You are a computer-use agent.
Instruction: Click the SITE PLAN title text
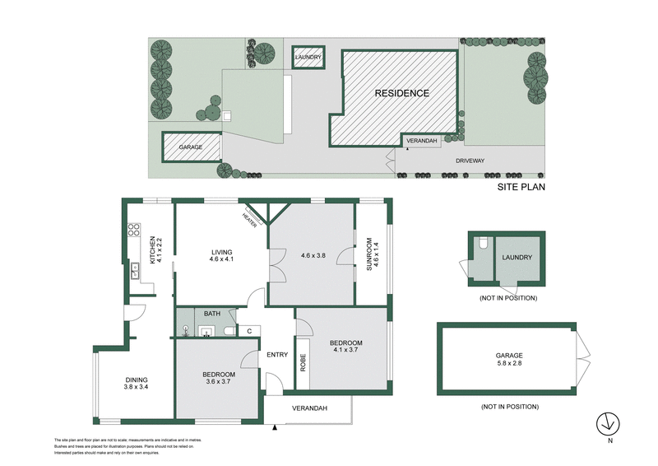click(x=521, y=187)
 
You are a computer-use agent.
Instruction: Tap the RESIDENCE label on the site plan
click(x=402, y=93)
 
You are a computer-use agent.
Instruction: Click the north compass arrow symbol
click(x=607, y=423)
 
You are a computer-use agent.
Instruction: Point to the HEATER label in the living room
click(x=248, y=217)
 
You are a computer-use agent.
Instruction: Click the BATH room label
click(x=212, y=314)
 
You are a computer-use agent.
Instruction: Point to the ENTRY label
click(x=277, y=355)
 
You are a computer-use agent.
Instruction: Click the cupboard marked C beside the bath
click(x=248, y=331)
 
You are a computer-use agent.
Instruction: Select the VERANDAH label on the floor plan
click(x=309, y=408)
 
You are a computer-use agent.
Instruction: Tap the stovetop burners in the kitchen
click(x=132, y=233)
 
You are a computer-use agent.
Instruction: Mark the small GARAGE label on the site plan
click(x=191, y=147)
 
